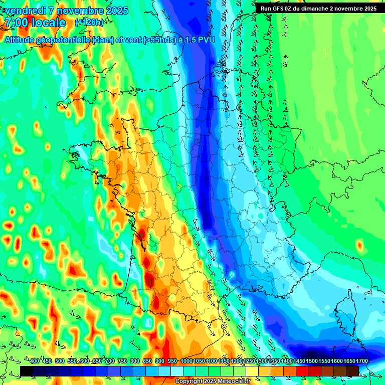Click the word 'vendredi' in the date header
(23, 11)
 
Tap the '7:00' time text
(15, 23)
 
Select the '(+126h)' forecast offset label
(89, 23)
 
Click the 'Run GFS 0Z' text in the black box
(278, 8)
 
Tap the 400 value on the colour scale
(35, 361)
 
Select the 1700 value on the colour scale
(360, 361)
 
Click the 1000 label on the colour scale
(186, 361)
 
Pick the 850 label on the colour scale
(147, 361)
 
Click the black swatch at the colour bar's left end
(27, 370)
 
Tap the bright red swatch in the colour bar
(302, 370)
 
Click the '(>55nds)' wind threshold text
(150, 40)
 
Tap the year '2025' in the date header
(112, 11)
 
